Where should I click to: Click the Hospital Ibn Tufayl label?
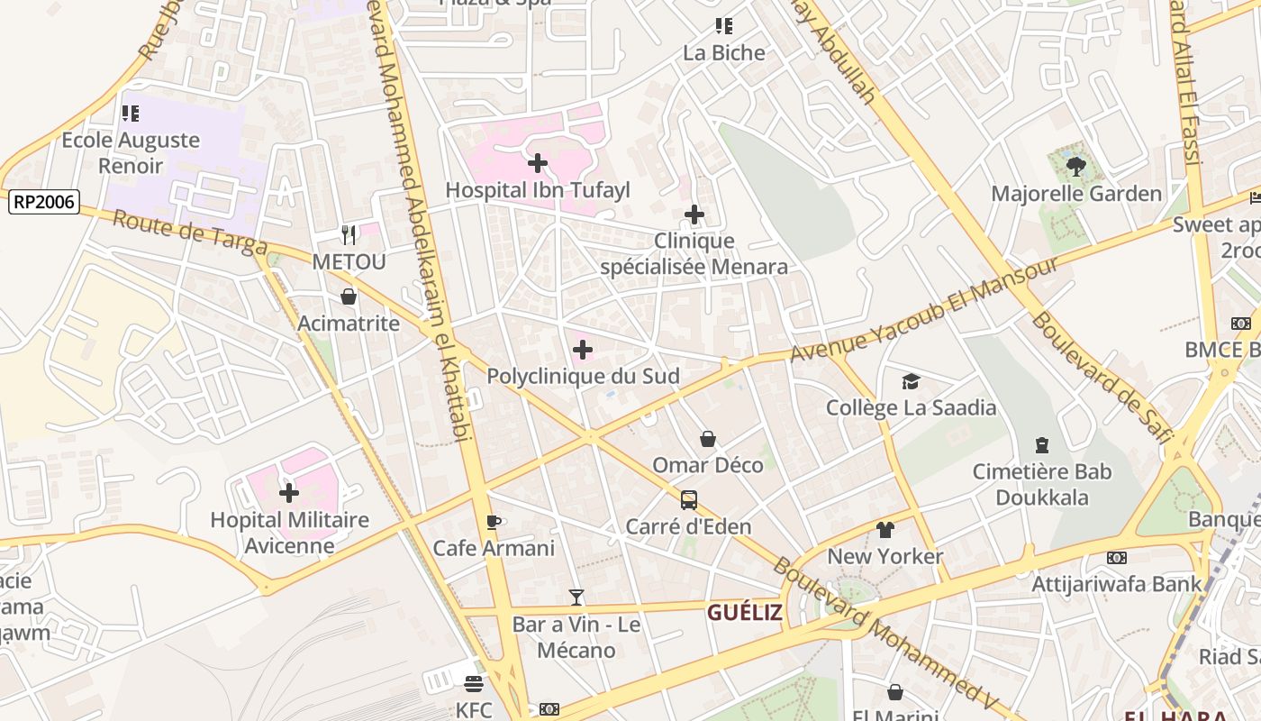538,190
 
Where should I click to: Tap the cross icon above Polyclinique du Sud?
583,349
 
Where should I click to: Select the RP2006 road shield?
44,202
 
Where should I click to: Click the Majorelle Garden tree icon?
1075,166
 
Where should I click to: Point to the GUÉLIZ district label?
744,613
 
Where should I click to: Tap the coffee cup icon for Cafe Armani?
493,522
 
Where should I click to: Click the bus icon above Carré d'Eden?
688,500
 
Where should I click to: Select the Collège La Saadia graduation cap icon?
911,381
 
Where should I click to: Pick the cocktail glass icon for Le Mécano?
576,597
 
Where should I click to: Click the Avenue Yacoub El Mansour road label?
923,310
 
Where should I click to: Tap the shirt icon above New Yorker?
885,530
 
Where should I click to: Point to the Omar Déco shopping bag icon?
708,439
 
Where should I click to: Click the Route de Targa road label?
190,233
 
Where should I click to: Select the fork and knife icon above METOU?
349,235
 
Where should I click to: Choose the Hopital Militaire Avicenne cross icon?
289,493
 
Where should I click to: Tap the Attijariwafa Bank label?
1116,584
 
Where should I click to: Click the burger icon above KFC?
474,684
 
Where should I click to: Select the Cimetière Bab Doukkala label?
1042,484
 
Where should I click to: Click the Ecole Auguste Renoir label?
131,152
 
